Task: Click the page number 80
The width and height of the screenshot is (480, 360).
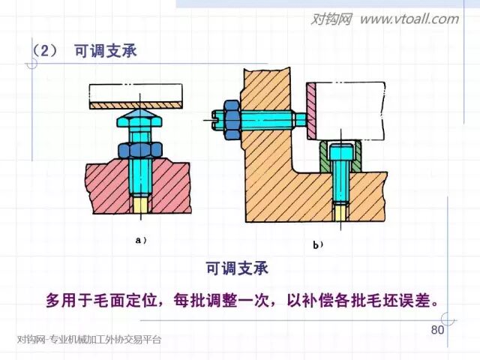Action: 438,331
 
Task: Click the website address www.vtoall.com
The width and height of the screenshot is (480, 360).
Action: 409,19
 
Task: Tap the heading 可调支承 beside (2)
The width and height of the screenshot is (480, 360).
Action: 106,51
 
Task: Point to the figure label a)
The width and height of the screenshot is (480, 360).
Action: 139,241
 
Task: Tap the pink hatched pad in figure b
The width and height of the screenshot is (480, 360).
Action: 310,111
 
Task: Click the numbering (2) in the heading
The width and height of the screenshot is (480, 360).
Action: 45,51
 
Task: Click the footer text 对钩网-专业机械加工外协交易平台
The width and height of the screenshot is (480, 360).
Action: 88,340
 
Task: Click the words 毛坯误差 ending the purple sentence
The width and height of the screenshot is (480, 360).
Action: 404,301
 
